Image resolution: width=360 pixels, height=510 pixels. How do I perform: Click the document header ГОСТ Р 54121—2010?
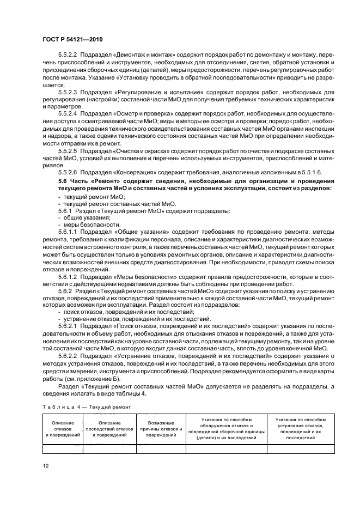[72, 40]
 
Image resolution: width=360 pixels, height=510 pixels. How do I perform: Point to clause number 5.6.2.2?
[69, 355]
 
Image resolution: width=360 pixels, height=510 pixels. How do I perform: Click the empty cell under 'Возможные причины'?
[161, 450]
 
